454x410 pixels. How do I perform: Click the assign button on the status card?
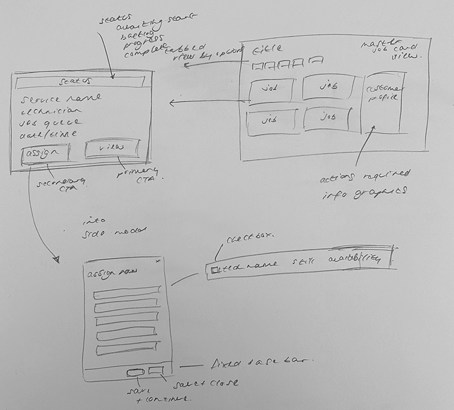click(x=46, y=153)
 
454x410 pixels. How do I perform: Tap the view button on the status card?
click(x=112, y=148)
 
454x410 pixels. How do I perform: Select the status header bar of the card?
click(x=82, y=81)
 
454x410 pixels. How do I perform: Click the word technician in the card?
click(x=53, y=110)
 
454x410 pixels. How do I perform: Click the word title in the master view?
click(x=267, y=48)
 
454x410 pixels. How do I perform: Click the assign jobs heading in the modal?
click(x=109, y=275)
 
